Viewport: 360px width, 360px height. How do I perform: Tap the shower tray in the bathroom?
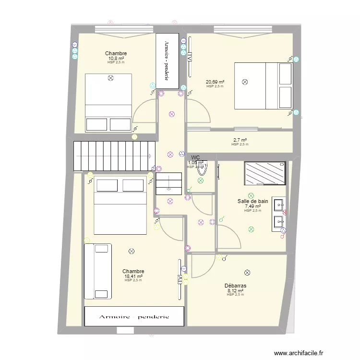pos(265,173)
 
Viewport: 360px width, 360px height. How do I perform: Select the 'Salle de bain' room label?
pos(252,202)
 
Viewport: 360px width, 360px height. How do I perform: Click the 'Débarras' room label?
pos(235,286)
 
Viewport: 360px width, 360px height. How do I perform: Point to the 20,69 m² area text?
pos(215,82)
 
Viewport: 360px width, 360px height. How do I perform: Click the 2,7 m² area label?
pos(240,140)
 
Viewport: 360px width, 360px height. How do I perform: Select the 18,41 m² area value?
pos(133,276)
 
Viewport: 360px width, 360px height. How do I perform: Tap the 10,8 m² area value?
pos(116,58)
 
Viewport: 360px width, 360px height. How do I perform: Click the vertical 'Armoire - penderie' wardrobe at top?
pos(168,60)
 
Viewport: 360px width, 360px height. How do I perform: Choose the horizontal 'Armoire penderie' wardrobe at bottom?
pos(134,317)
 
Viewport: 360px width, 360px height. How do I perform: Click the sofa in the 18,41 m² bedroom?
pos(98,271)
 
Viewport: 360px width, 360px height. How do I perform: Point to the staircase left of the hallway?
pos(112,156)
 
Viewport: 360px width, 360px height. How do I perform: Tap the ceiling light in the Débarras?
pos(247,272)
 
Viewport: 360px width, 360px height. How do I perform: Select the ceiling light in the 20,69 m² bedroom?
pos(245,82)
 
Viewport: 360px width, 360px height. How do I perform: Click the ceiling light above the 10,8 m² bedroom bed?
pos(110,77)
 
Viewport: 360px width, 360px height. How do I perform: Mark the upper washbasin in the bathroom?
pos(279,204)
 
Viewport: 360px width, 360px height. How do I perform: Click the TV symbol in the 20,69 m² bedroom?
pos(190,57)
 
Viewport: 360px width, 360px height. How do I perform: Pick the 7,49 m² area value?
pos(252,206)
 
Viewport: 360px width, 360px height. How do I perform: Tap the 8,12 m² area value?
pos(235,290)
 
